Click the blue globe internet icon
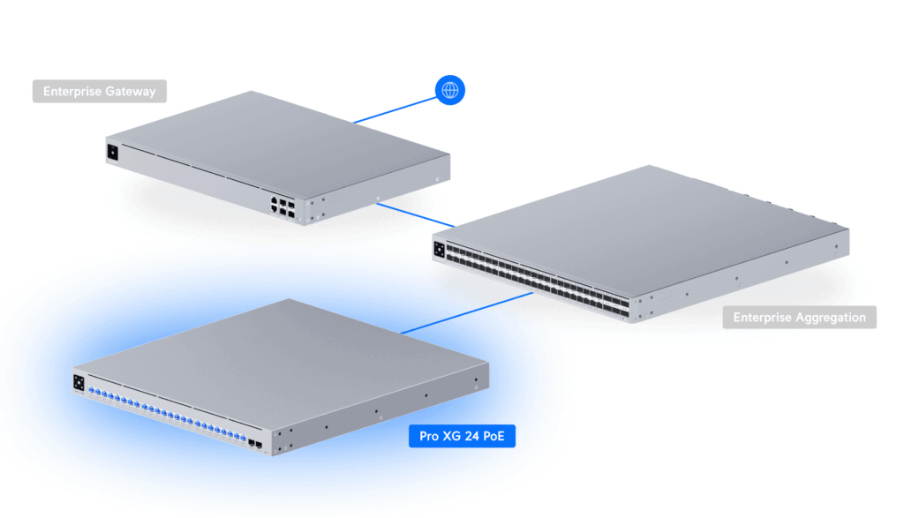click(x=450, y=90)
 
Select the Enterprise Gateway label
click(x=99, y=91)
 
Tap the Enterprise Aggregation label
click(x=799, y=317)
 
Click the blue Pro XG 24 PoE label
click(x=462, y=435)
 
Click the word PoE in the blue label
click(x=497, y=435)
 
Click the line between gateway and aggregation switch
click(x=415, y=214)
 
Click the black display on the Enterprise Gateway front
click(x=112, y=152)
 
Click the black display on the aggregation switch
click(x=439, y=248)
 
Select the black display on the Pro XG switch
click(x=79, y=382)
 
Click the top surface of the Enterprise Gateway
click(x=274, y=141)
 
